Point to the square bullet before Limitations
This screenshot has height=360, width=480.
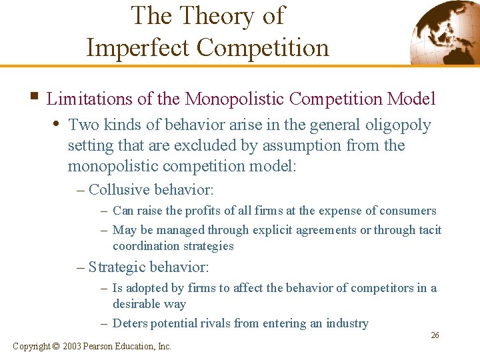(x=34, y=99)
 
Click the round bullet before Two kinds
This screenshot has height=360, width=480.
(x=59, y=125)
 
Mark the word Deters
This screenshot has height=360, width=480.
(x=129, y=323)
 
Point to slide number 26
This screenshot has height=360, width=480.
(x=435, y=335)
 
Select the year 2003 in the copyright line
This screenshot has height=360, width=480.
(x=74, y=346)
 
